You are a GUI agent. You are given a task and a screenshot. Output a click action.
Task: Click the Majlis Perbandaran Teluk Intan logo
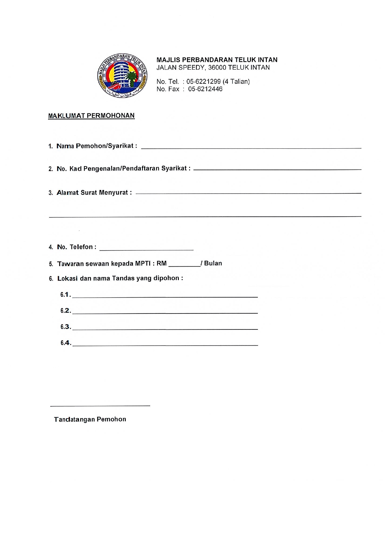(x=122, y=76)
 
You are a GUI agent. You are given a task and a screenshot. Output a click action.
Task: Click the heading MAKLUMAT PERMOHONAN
(x=91, y=116)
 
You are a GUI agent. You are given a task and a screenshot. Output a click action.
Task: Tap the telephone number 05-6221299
(x=203, y=81)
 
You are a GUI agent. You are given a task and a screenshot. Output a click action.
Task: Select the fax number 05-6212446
(x=205, y=89)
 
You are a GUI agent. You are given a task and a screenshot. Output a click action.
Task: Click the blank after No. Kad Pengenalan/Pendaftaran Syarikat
(x=277, y=167)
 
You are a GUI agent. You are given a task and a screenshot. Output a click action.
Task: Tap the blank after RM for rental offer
(x=184, y=264)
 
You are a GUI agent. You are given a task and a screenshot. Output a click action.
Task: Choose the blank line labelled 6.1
(x=165, y=295)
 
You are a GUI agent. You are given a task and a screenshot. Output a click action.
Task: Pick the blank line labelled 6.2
(x=165, y=311)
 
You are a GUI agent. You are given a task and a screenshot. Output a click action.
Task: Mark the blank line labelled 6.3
(x=165, y=327)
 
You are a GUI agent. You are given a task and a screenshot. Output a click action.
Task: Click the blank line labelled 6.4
(x=165, y=343)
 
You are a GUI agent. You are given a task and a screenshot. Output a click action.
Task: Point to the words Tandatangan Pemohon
(x=90, y=419)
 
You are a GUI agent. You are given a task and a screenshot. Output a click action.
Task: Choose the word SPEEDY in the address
(x=191, y=67)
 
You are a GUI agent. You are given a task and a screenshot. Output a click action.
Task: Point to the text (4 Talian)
(x=236, y=81)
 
